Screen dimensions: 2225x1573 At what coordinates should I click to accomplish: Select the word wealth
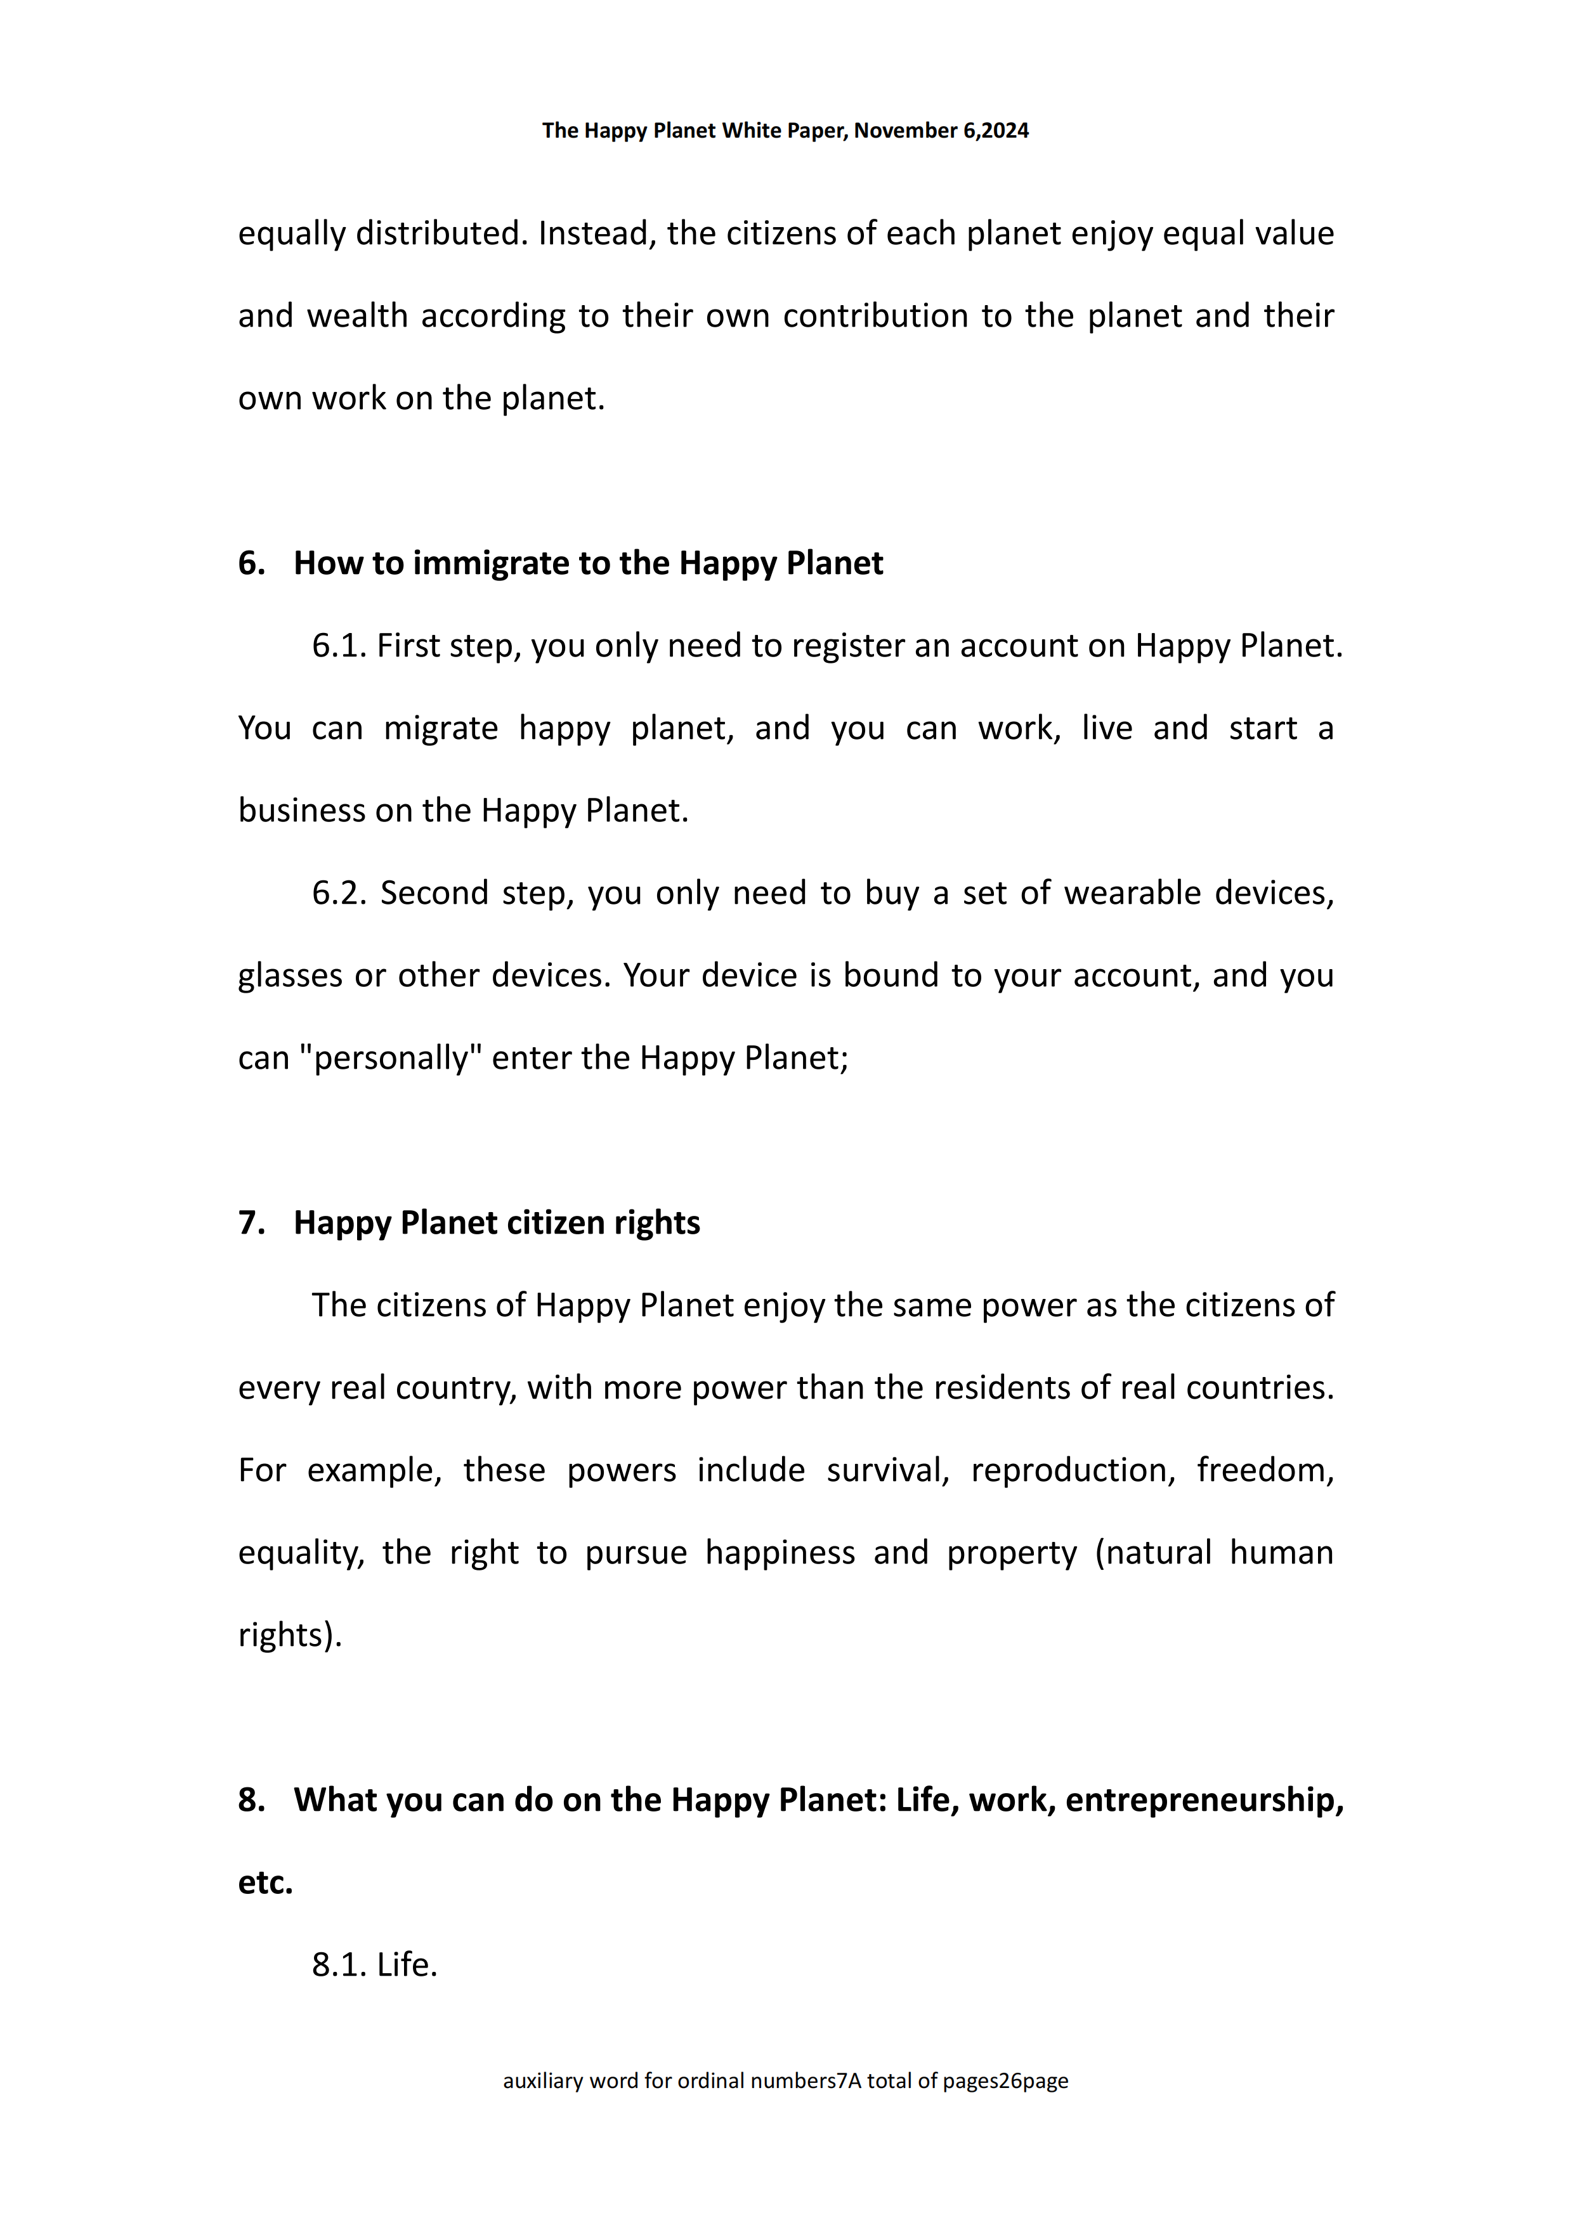pos(356,316)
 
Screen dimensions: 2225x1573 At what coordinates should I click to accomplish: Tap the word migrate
pos(440,728)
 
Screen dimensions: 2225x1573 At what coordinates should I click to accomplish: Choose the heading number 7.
pos(251,1223)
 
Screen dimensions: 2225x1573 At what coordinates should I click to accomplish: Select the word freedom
pos(1264,1470)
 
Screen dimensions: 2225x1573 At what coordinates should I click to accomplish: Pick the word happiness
pos(780,1553)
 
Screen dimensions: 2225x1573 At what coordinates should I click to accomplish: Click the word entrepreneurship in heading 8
pos(1204,1799)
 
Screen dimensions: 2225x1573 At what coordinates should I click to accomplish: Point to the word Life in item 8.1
pos(405,1964)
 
